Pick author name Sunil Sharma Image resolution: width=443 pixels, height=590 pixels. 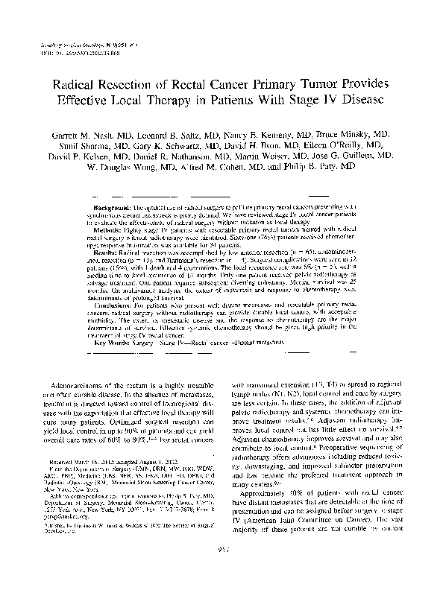tap(92, 147)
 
